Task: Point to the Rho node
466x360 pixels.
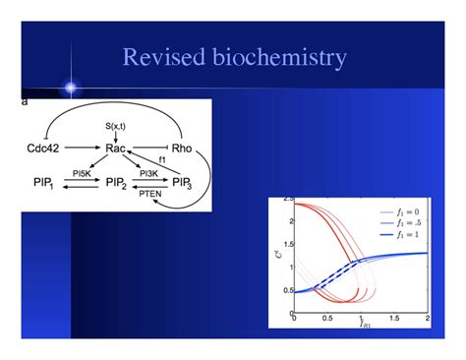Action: [183, 150]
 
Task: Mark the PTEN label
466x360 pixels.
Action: [150, 196]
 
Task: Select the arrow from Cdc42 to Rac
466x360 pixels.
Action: [85, 150]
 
